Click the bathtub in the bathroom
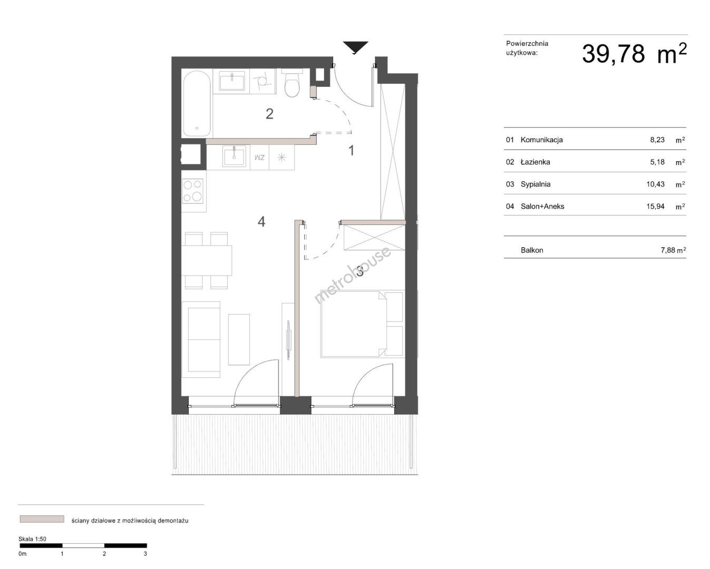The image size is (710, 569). (x=197, y=103)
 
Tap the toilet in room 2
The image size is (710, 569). (x=292, y=83)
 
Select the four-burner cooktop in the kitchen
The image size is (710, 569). (x=193, y=191)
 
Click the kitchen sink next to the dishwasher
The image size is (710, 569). (x=234, y=156)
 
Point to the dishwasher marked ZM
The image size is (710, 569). (x=260, y=158)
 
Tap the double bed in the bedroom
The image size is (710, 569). (x=362, y=324)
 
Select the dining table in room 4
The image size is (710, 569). (x=207, y=261)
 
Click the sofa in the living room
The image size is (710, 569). (x=201, y=339)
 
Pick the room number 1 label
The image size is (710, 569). (x=352, y=150)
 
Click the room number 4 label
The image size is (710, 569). (x=261, y=222)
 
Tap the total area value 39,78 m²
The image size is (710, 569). (x=634, y=54)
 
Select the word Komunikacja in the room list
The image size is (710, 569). (x=541, y=140)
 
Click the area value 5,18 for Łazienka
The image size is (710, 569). (x=657, y=162)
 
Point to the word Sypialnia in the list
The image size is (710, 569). (x=536, y=184)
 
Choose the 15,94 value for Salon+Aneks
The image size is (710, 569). (x=655, y=207)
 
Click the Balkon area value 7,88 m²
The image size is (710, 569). (x=673, y=250)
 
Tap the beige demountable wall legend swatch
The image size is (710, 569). (x=42, y=519)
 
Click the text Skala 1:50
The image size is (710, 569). (x=32, y=539)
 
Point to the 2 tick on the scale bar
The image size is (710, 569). (x=104, y=554)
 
